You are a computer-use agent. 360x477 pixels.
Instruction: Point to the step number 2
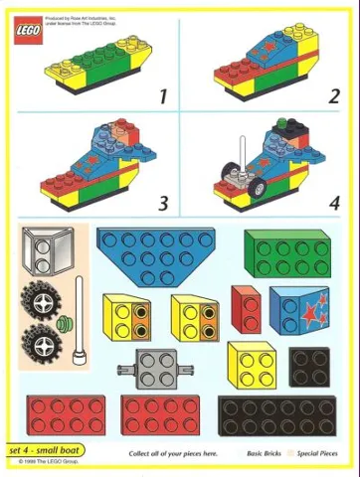point(333,96)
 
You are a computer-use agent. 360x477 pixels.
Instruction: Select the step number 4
point(333,204)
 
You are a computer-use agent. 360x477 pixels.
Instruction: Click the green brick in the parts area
point(287,253)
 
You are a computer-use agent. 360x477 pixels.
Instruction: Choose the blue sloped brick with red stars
point(299,311)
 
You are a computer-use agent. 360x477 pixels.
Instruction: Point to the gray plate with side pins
point(152,371)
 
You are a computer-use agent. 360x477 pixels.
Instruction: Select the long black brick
point(270,416)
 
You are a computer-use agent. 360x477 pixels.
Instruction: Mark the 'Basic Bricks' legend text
point(267,453)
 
